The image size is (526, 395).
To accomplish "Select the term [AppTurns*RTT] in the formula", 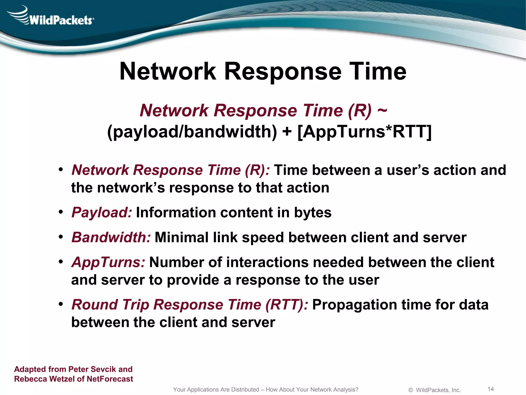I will point(364,132).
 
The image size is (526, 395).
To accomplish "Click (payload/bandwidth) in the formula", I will point(192,132).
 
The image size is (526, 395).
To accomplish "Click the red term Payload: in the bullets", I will point(102,212).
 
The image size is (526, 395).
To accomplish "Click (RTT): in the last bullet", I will point(287,305).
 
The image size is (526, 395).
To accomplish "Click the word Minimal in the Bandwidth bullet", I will point(181,237).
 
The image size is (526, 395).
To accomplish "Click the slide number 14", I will point(491,389).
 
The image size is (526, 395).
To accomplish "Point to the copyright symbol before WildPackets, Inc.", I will point(410,390).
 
